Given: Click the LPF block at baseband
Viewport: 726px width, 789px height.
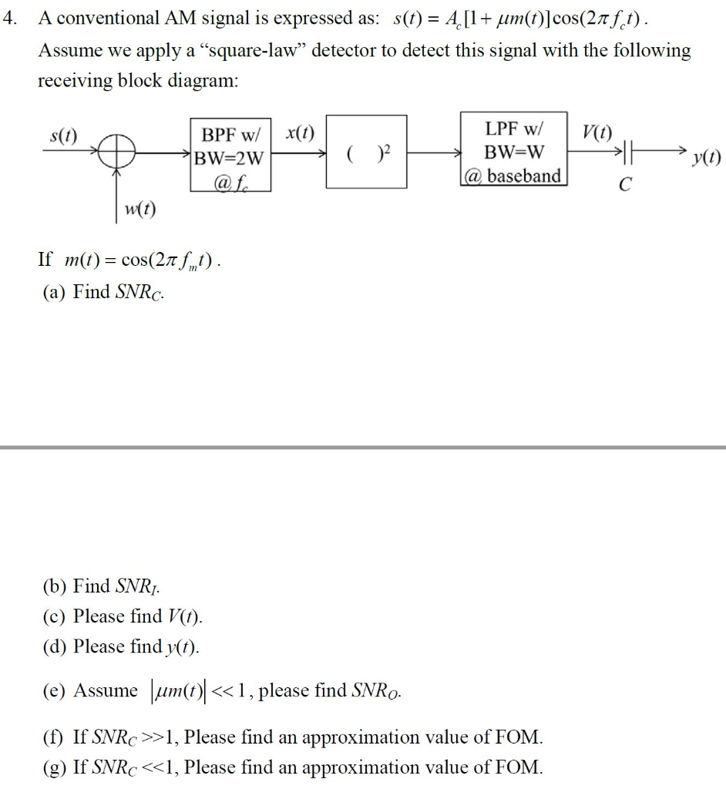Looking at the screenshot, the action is click(514, 151).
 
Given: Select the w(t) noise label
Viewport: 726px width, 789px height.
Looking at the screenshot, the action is click(141, 208).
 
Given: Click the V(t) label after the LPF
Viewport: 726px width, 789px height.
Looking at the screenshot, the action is click(597, 131).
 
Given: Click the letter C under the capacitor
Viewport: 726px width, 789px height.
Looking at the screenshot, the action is click(625, 185).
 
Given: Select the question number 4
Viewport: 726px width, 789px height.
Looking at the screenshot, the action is click(9, 18).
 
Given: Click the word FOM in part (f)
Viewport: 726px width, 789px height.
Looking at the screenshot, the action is click(521, 737).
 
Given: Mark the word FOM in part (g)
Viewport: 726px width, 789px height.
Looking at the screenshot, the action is click(521, 767).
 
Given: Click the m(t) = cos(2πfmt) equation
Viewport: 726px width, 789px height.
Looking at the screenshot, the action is click(143, 260).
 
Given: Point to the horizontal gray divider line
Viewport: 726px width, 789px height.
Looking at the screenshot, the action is click(363, 447).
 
